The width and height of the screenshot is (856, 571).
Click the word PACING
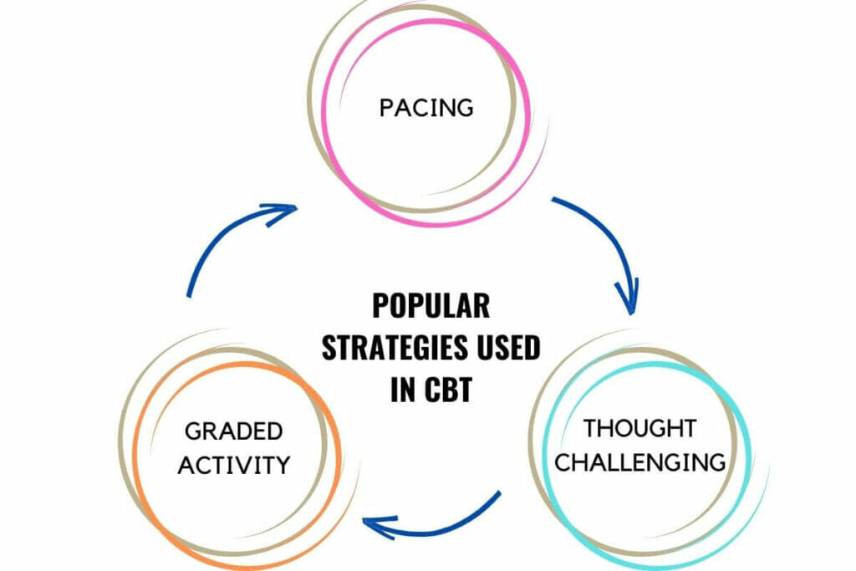(x=426, y=108)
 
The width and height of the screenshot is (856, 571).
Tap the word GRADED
(x=234, y=431)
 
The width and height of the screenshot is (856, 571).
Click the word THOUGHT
(x=639, y=429)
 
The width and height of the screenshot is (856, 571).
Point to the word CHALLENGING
(x=641, y=461)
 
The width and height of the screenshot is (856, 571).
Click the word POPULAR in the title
(x=431, y=306)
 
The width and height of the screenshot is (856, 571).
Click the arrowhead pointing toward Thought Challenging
(x=628, y=299)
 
